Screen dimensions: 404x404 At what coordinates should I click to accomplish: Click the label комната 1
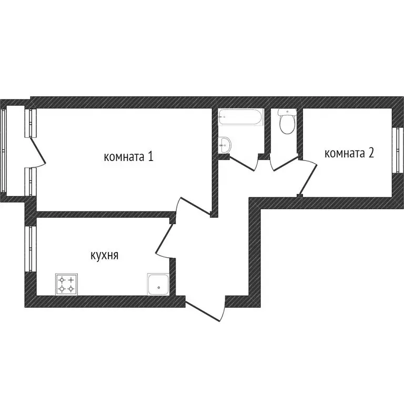coord(128,157)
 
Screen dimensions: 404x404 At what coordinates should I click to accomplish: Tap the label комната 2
coord(349,153)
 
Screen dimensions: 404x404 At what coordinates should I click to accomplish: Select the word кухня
coord(104,256)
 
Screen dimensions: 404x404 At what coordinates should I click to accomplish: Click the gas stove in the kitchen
coord(66,285)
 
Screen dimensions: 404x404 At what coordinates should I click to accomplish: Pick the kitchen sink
coord(158,285)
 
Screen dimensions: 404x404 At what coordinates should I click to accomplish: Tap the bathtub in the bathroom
coord(240,117)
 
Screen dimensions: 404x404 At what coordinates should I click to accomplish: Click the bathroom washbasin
coord(224,144)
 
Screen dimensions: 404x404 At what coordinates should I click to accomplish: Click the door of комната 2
coord(309,177)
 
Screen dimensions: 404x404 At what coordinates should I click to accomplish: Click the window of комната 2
coord(395,150)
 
